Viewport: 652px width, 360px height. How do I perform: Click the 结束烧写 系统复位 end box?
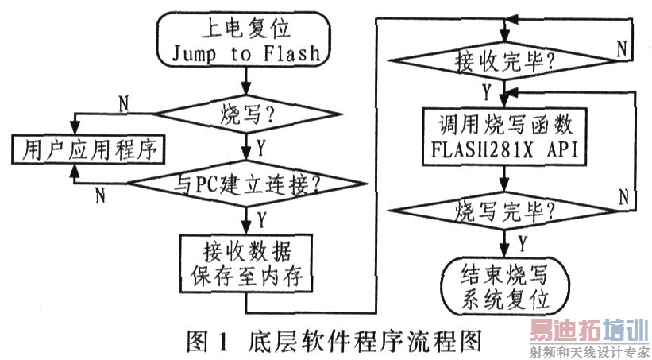[x=504, y=287]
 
